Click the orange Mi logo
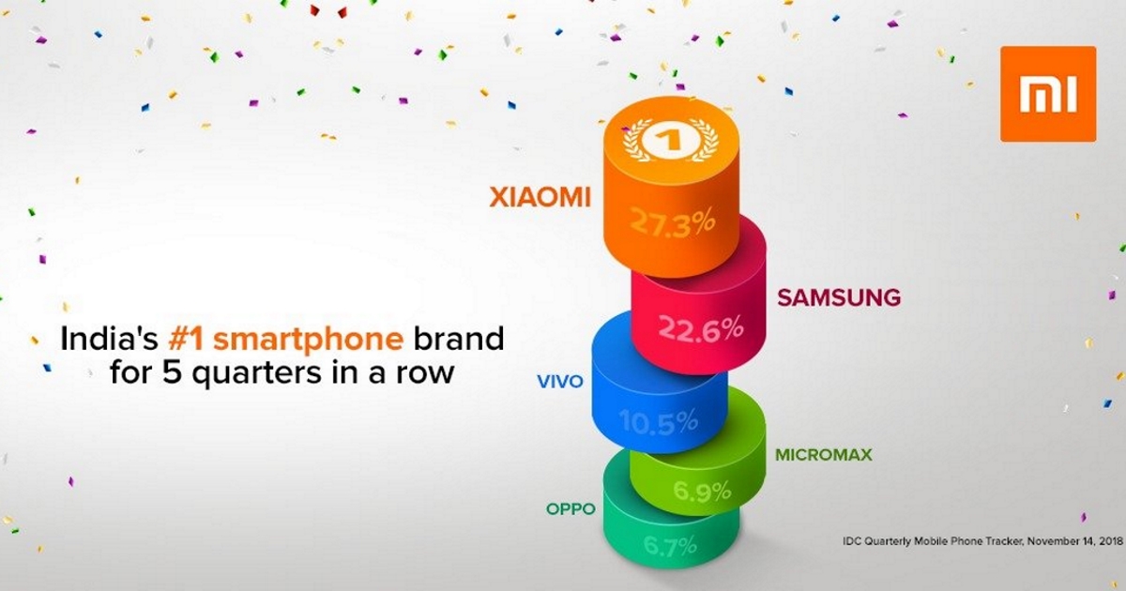[x=1048, y=94]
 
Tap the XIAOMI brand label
[x=540, y=197]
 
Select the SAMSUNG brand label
[x=839, y=297]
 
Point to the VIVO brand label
[x=560, y=382]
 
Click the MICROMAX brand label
[x=824, y=455]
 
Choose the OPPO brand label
[x=571, y=509]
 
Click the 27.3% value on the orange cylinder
[x=672, y=223]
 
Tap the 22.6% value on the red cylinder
[x=701, y=329]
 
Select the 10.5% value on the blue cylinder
[x=659, y=421]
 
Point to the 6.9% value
[x=702, y=491]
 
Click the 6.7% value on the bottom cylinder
[x=670, y=546]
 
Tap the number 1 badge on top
[x=671, y=140]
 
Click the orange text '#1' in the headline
[x=186, y=339]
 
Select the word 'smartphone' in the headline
[x=308, y=341]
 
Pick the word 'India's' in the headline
[x=109, y=339]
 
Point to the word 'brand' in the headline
[x=459, y=338]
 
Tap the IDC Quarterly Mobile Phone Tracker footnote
[x=982, y=541]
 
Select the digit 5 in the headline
[x=172, y=373]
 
